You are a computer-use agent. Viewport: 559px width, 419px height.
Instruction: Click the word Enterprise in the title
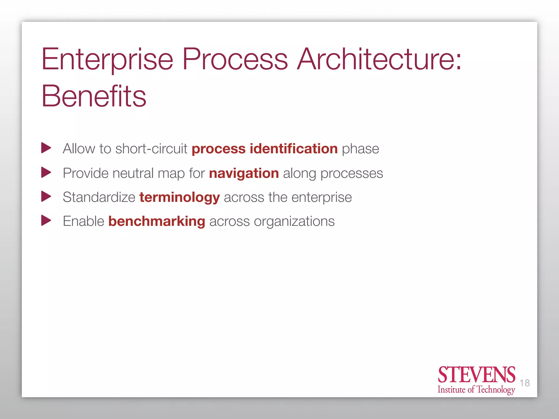click(x=107, y=59)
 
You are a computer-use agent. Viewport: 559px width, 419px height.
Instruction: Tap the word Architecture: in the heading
click(x=379, y=59)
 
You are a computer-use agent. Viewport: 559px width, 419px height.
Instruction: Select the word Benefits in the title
click(x=94, y=96)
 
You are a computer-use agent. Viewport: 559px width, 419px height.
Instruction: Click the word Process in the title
click(x=235, y=59)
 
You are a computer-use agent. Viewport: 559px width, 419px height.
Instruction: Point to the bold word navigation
click(x=244, y=173)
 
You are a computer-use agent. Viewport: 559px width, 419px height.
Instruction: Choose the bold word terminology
click(x=179, y=197)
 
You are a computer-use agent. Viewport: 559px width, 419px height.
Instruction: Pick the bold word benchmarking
click(x=157, y=221)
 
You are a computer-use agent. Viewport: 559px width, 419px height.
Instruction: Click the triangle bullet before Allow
click(x=46, y=148)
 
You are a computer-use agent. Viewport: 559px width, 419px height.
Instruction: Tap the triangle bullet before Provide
click(x=46, y=172)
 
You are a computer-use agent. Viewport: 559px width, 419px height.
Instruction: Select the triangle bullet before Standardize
click(x=46, y=196)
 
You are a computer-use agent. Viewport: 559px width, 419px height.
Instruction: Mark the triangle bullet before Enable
click(x=46, y=220)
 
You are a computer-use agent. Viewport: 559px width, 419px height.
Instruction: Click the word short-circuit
click(x=151, y=149)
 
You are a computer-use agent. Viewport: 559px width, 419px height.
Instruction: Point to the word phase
click(x=360, y=149)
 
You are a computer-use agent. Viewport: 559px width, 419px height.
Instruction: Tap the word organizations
click(x=294, y=222)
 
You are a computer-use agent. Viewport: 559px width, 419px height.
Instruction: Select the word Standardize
click(x=99, y=197)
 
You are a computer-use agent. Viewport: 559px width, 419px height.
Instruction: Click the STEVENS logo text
click(x=476, y=375)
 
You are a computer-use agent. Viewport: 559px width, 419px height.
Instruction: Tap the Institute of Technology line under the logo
click(x=476, y=390)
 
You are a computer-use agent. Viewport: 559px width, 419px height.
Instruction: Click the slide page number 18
click(x=524, y=383)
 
